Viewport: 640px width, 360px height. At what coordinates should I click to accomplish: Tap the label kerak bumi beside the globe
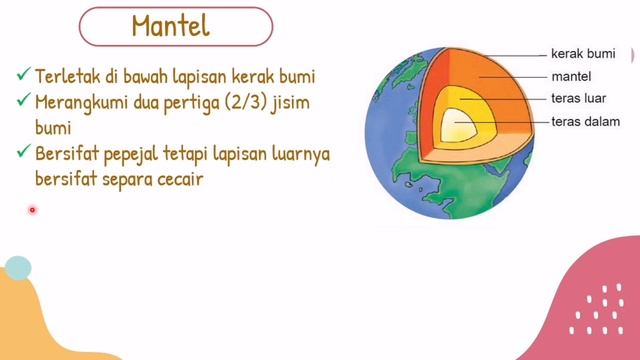pos(583,52)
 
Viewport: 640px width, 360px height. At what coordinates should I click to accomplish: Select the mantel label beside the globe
pos(571,76)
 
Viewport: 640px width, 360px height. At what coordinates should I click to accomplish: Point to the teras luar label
pos(580,99)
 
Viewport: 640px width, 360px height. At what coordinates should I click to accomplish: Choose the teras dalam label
pos(584,122)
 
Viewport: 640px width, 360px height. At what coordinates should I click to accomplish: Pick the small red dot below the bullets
pos(32,210)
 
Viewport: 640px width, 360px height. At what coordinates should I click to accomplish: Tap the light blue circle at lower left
pos(18,267)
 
